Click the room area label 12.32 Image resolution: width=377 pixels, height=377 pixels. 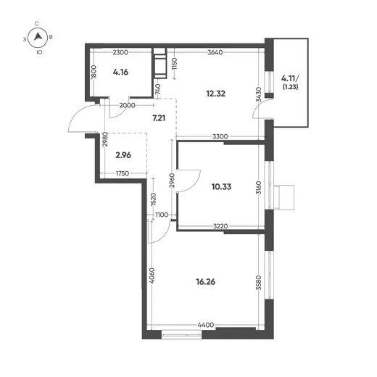[x=215, y=94]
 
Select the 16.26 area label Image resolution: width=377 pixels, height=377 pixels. [x=206, y=282]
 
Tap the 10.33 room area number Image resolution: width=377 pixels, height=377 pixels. [x=221, y=186]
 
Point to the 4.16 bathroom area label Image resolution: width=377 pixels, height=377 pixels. [x=120, y=72]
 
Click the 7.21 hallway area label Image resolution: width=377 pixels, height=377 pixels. [x=159, y=118]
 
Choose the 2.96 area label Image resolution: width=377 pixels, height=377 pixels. [x=123, y=155]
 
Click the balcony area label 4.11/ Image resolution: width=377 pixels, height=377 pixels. [x=290, y=78]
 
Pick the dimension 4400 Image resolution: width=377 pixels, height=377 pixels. [x=206, y=325]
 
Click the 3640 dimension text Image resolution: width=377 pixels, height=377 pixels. [x=215, y=52]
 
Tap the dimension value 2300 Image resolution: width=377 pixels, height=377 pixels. [x=120, y=52]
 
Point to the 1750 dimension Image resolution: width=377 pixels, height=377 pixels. [x=123, y=173]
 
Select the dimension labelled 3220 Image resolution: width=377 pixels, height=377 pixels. [x=220, y=226]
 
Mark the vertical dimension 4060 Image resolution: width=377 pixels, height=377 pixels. [x=152, y=275]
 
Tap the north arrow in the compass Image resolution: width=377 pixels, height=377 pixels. [x=38, y=37]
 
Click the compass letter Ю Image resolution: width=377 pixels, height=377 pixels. [x=39, y=52]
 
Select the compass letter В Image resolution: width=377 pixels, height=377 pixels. [x=51, y=38]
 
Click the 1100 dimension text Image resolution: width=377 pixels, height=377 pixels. [x=162, y=215]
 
